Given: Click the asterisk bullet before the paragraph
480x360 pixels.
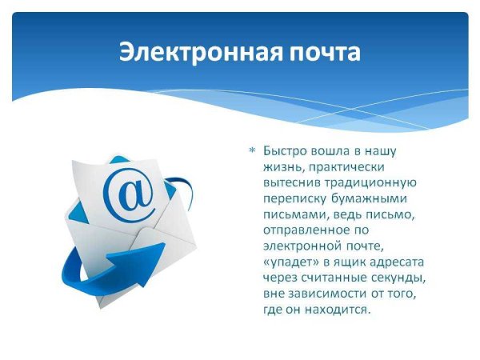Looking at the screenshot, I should [253, 150].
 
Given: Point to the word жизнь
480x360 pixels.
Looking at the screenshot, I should [280, 166].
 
